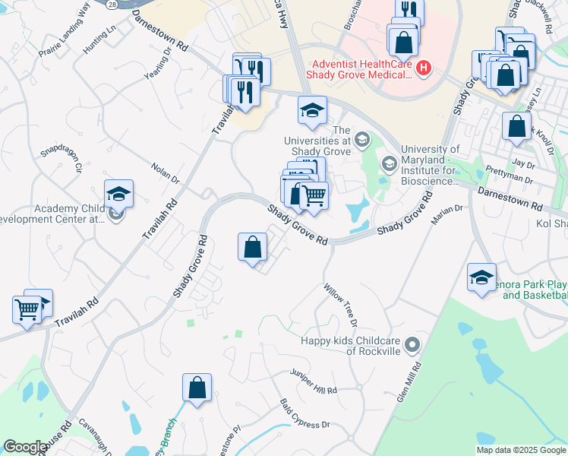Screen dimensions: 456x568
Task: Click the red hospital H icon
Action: pos(424,69)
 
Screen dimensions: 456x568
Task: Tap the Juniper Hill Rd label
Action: pos(313,382)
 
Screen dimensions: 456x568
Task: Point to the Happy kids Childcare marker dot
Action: pos(412,345)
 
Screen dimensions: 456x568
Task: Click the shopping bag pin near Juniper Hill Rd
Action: pos(197,387)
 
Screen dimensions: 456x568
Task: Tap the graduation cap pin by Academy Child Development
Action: pos(118,193)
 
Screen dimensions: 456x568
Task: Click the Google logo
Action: pos(24,447)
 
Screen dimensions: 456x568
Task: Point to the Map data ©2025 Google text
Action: pos(520,450)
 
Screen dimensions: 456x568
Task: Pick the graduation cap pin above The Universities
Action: pos(312,110)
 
